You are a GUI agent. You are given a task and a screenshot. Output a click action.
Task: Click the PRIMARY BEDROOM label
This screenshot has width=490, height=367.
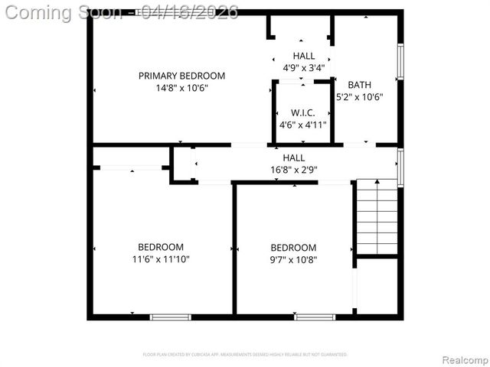tap(181, 76)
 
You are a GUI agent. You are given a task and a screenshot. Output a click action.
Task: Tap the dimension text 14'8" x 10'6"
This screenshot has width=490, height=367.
tap(181, 88)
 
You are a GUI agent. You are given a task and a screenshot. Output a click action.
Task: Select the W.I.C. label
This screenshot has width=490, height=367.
tap(302, 112)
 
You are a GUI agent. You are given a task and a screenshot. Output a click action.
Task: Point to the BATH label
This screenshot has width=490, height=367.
tap(359, 85)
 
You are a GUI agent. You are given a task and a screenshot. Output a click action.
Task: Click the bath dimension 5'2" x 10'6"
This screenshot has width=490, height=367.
tap(359, 97)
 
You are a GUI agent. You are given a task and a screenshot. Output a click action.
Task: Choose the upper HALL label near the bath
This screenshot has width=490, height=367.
tap(303, 56)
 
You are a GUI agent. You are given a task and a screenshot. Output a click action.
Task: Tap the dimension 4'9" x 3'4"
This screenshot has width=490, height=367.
tap(303, 67)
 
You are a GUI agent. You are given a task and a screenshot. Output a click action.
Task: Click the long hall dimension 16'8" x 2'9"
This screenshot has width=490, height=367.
tap(293, 170)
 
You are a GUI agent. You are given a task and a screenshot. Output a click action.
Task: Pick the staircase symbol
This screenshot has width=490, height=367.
tap(377, 216)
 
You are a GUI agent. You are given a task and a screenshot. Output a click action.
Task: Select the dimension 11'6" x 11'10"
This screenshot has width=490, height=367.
tap(161, 259)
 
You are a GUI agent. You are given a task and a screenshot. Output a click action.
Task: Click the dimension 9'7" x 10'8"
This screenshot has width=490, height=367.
tap(293, 259)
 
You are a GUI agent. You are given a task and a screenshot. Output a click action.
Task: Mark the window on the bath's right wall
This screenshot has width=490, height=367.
tap(400, 61)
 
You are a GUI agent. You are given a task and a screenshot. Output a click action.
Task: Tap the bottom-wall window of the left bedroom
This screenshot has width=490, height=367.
tap(170, 317)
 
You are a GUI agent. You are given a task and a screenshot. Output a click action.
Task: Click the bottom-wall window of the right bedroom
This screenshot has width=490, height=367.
tap(315, 317)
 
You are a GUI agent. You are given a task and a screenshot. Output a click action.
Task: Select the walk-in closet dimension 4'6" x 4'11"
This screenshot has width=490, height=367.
tap(302, 125)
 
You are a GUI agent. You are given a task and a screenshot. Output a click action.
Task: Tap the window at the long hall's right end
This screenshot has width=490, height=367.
tap(400, 167)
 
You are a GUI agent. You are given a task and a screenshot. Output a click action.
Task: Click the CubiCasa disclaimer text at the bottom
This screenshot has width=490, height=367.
tap(245, 355)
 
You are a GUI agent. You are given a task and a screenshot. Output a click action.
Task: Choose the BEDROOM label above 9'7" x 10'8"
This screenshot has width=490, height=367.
tap(293, 247)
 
